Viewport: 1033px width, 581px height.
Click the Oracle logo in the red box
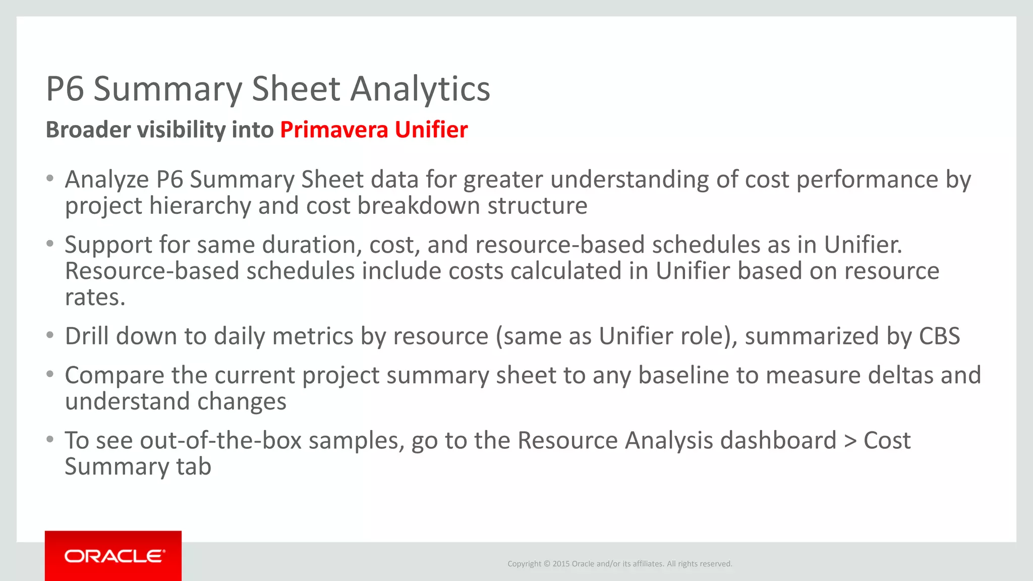coord(114,556)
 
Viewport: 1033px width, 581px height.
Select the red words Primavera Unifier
coord(374,130)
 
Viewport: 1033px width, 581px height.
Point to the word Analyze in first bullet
coord(107,180)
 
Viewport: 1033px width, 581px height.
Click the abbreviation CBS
coord(939,336)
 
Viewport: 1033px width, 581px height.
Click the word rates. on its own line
coord(95,298)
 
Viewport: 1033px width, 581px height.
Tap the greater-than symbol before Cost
coord(850,441)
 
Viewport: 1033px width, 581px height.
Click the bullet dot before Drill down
coord(49,335)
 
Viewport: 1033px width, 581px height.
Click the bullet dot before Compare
coord(49,374)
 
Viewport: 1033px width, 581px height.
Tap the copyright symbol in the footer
coord(547,564)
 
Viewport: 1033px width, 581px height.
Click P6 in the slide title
coord(65,89)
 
